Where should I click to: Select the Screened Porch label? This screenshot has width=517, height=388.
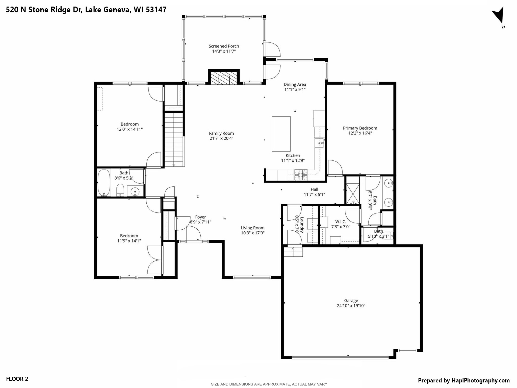224,46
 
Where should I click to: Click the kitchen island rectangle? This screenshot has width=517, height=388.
281,134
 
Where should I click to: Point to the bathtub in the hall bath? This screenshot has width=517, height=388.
104,183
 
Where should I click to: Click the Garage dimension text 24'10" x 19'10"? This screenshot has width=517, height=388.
351,306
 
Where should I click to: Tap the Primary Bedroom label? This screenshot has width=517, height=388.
360,128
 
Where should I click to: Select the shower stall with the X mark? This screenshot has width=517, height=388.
353,194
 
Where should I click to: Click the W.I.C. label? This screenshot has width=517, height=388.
341,222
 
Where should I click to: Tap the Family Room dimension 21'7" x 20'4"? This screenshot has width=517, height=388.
221,138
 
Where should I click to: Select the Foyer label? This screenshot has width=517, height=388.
200,217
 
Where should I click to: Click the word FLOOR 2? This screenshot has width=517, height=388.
17,379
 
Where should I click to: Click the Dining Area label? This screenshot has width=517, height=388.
295,84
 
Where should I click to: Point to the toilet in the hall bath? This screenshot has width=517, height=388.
120,190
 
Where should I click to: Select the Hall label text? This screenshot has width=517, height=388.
314,189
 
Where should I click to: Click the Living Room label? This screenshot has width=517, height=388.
253,228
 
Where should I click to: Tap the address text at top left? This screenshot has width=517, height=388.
86,10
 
